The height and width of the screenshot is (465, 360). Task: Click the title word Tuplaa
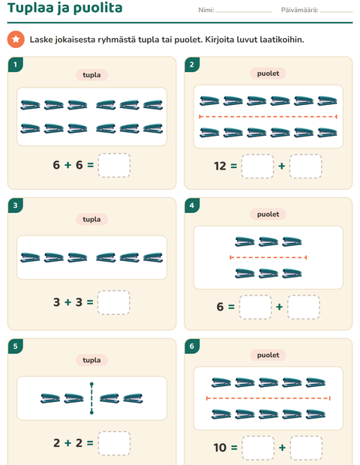pyautogui.click(x=31, y=8)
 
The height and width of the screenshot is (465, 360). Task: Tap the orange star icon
pyautogui.click(x=16, y=39)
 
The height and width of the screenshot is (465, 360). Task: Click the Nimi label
pyautogui.click(x=206, y=10)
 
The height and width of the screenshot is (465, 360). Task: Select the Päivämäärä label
pyautogui.click(x=299, y=10)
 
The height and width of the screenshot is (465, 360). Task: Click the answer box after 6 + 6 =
pyautogui.click(x=114, y=165)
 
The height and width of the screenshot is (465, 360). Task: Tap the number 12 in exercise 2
pyautogui.click(x=220, y=166)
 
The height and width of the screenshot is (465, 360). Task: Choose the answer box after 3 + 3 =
pyautogui.click(x=113, y=302)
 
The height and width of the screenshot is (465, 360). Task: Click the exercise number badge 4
pyautogui.click(x=192, y=205)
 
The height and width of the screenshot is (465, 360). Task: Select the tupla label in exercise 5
pyautogui.click(x=91, y=360)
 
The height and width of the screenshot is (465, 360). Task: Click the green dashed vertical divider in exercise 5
pyautogui.click(x=91, y=398)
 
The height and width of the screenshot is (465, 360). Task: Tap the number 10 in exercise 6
pyautogui.click(x=220, y=448)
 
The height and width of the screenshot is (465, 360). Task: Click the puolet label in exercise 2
pyautogui.click(x=268, y=73)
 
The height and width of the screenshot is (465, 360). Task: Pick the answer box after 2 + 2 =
pyautogui.click(x=114, y=443)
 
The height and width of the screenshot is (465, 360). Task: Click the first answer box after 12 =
pyautogui.click(x=257, y=166)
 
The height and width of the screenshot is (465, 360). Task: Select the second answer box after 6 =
pyautogui.click(x=304, y=307)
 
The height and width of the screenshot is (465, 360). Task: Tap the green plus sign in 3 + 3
pyautogui.click(x=68, y=302)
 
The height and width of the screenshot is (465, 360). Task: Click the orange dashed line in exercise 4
pyautogui.click(x=268, y=257)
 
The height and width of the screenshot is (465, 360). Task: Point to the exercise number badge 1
pyautogui.click(x=16, y=64)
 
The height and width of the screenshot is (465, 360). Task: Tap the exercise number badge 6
pyautogui.click(x=192, y=346)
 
